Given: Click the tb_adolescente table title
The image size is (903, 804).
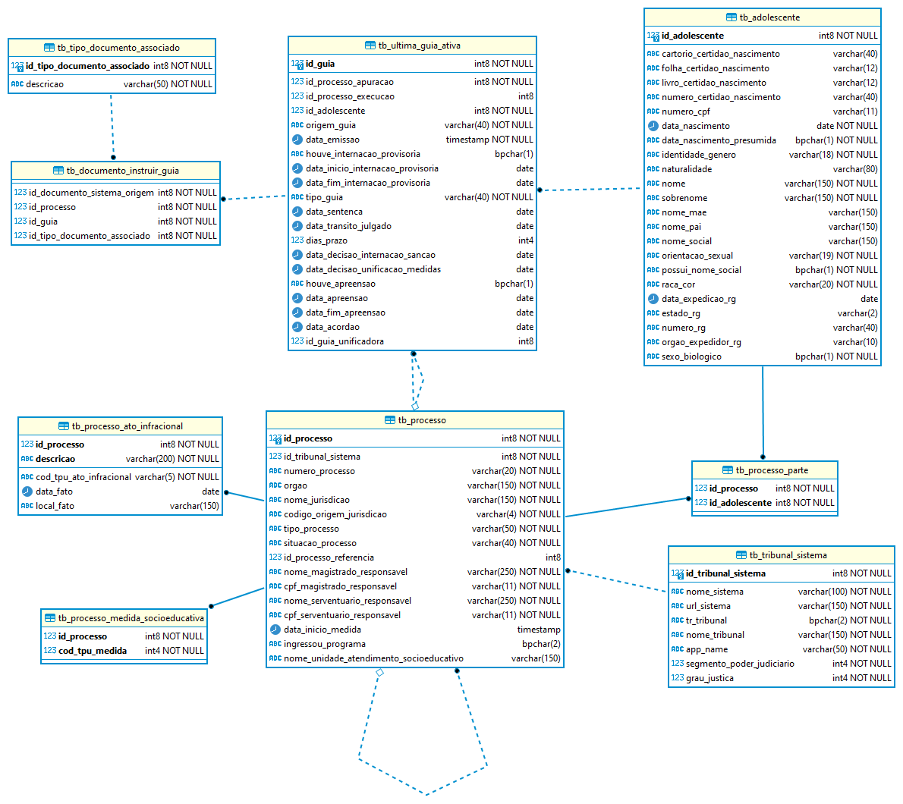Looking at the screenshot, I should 769,17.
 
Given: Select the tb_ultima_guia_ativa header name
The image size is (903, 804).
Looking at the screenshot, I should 419,46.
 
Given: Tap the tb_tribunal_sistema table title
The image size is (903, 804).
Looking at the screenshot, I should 788,555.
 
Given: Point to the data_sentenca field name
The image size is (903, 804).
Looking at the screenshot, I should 334,212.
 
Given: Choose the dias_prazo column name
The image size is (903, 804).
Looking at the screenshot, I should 326,240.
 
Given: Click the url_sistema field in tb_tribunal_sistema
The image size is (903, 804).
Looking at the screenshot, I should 708,606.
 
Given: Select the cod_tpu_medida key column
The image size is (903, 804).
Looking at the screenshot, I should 93,651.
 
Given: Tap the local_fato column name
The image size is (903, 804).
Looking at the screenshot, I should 55,506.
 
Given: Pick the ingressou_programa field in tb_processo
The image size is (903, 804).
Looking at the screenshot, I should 325,644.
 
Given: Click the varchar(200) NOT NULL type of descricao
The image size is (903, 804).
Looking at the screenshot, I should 172,459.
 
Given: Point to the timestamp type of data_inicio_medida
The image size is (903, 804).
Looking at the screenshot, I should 539,630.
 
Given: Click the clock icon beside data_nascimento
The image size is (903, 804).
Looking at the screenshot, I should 653,126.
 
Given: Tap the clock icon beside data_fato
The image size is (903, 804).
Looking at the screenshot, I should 27,492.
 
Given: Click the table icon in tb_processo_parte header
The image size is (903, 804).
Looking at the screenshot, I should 728,470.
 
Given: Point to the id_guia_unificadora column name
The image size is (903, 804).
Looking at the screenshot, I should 345,341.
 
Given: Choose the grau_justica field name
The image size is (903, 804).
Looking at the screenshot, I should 709,678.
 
